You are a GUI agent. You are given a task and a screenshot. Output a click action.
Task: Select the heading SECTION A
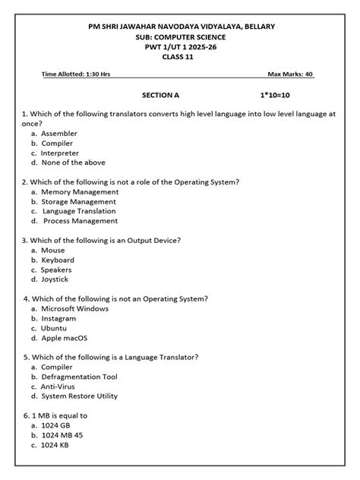(161, 96)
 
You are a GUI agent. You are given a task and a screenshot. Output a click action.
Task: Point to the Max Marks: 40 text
(290, 74)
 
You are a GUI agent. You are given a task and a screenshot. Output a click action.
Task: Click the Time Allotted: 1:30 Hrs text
(77, 74)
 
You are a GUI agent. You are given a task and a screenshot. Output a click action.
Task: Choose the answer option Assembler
(59, 133)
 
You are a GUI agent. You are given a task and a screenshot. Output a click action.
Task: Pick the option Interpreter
(60, 153)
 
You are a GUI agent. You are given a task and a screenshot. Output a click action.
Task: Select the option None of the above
(73, 163)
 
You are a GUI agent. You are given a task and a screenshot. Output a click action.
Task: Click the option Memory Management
(79, 192)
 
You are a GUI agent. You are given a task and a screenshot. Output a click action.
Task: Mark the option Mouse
(53, 251)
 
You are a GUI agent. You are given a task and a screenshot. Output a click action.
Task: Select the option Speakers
(57, 270)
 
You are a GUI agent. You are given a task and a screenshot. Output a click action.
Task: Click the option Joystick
(55, 279)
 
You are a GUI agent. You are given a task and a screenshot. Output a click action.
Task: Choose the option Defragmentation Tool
(79, 377)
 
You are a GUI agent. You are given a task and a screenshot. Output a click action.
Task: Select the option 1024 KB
(57, 445)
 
